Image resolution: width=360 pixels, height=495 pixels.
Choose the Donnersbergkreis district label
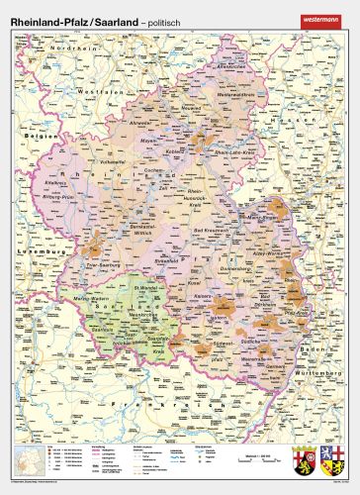247,266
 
